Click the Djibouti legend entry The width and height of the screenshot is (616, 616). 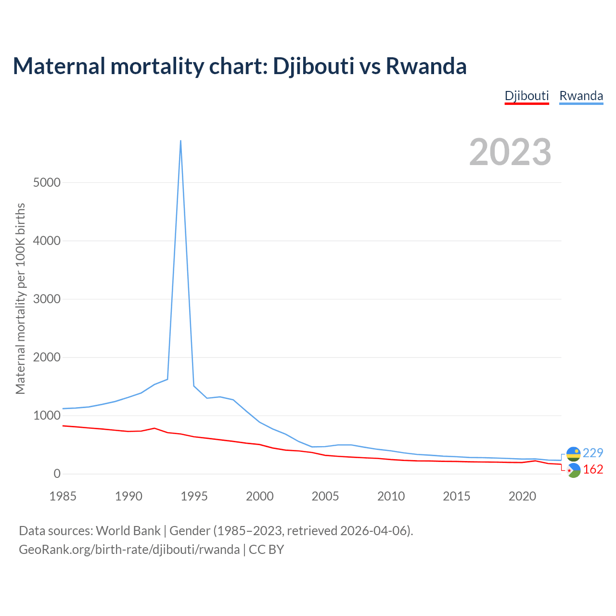coord(526,96)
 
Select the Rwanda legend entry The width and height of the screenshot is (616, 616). coord(581,96)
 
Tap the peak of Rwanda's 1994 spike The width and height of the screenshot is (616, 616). coord(180,141)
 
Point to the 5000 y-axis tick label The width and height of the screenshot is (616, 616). coord(47,182)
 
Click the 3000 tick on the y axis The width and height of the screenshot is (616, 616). coord(47,299)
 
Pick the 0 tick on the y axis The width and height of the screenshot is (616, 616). coord(57,474)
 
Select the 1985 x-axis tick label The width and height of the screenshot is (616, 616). coord(63,496)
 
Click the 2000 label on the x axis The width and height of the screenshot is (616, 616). coord(260,496)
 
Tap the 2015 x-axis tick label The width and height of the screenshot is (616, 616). coord(457,496)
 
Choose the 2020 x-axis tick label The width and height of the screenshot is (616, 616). coord(522,496)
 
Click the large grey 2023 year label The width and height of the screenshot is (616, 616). coord(510,152)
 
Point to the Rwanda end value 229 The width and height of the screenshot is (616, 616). coord(593,453)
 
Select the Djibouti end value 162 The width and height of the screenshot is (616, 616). coord(593,469)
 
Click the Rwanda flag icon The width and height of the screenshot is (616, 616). coord(573,454)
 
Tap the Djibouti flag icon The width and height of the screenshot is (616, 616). coord(573,471)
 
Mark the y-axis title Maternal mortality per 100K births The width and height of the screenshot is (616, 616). coord(20,299)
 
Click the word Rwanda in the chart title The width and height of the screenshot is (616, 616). coord(426,66)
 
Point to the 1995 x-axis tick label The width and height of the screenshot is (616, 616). coord(194,496)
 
